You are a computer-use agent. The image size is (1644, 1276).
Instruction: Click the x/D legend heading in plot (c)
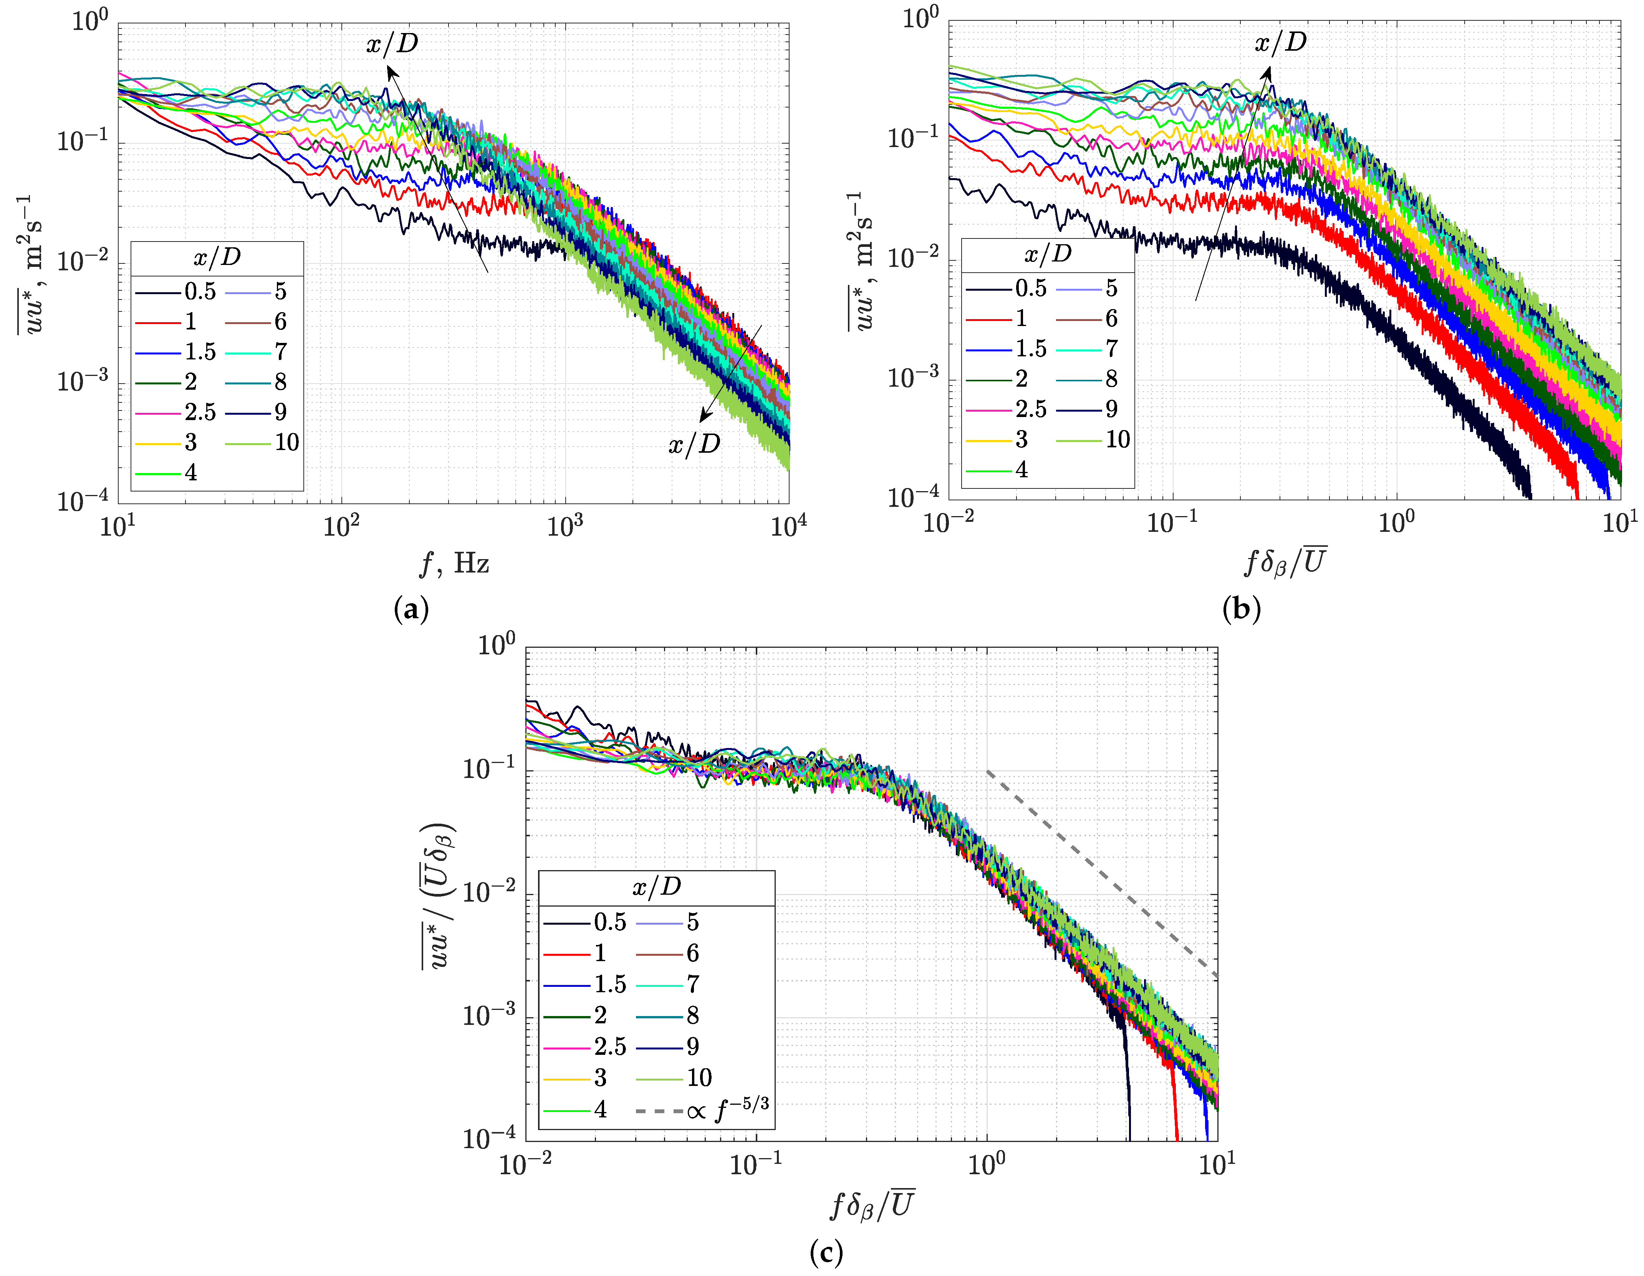656,887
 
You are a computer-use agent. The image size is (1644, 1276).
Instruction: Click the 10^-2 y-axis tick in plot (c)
489,894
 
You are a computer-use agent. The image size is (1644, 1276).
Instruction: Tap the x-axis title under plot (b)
1286,562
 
